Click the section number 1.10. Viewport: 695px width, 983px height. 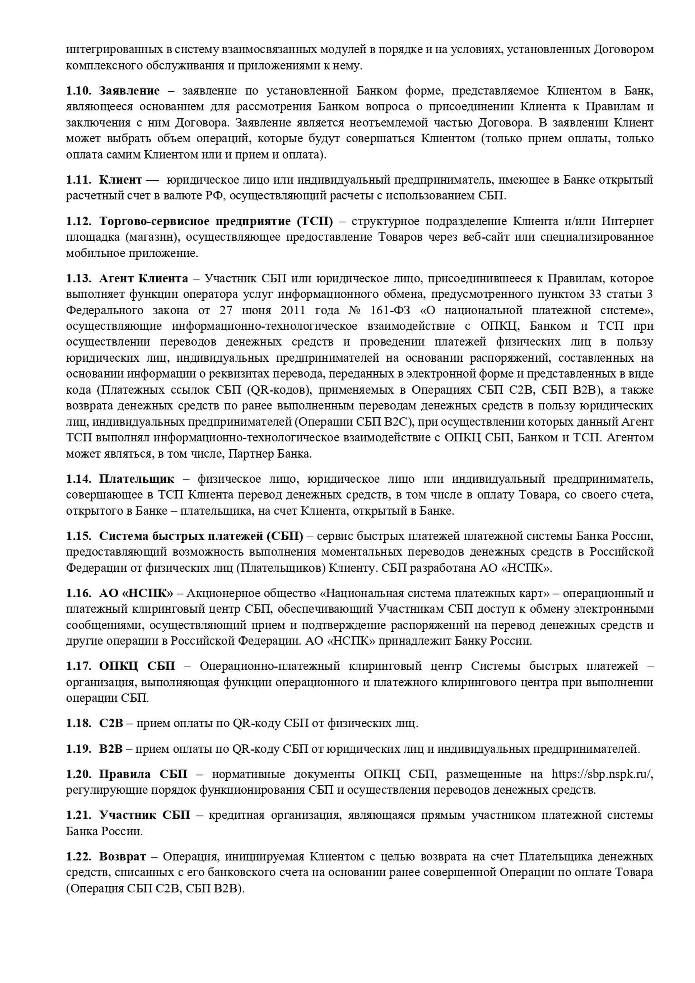[x=78, y=91]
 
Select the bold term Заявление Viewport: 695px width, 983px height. [x=129, y=91]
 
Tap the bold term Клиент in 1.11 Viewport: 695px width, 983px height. [x=120, y=180]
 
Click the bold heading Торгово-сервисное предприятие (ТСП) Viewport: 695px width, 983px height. [x=216, y=221]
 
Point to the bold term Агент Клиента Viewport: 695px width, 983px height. [x=143, y=278]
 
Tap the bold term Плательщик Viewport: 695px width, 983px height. [x=137, y=479]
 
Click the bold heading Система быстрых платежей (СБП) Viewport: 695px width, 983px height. [x=201, y=536]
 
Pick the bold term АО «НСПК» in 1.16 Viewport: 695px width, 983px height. [x=136, y=593]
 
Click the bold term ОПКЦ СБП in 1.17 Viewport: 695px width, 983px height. [x=137, y=666]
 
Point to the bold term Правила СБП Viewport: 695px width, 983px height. [x=143, y=774]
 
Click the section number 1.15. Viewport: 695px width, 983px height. [x=78, y=536]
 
